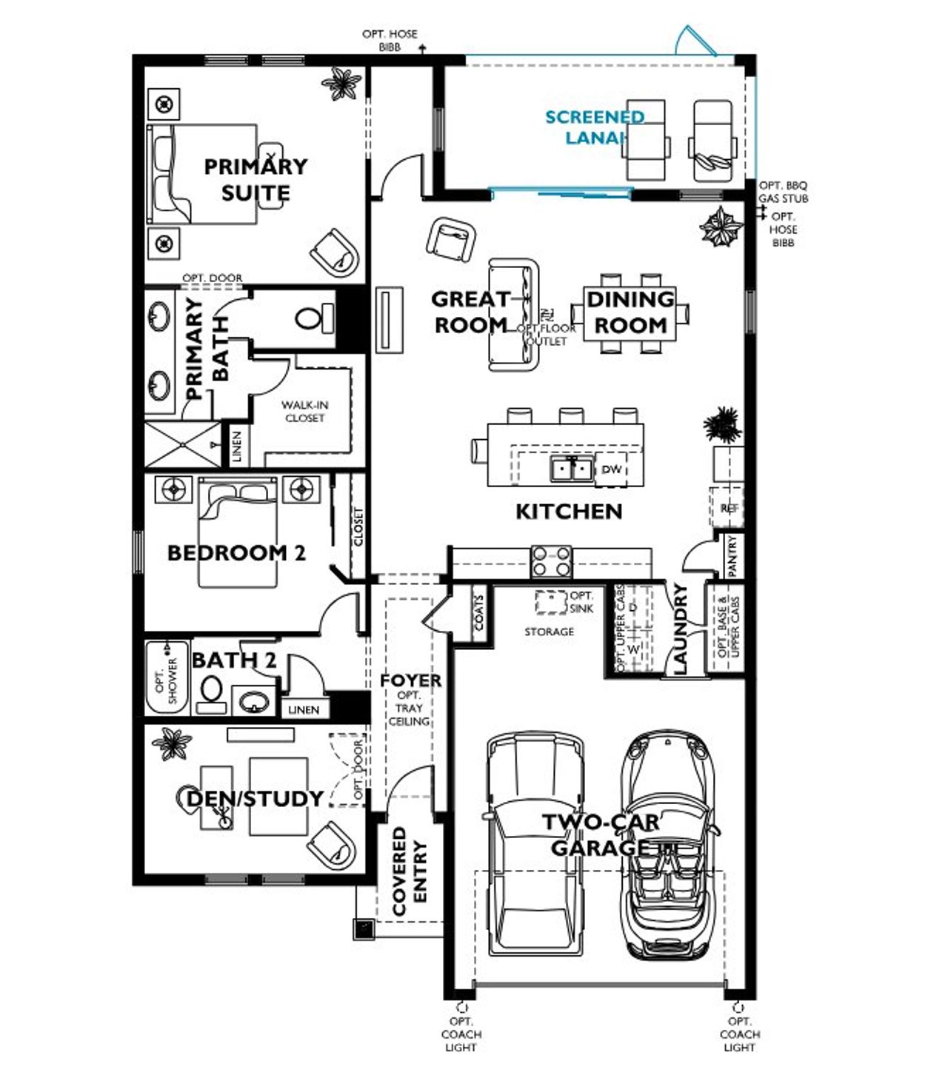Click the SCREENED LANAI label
pos(594,127)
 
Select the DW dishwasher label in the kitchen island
pos(611,469)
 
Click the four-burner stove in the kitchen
pos(552,560)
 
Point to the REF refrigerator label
pos(729,509)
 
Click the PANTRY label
pos(732,556)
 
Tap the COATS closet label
pos(479,613)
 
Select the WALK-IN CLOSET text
pos(304,412)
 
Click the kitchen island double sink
pos(571,469)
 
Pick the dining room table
pos(630,313)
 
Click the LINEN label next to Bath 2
pos(304,709)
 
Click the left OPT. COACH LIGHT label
pos(461,1034)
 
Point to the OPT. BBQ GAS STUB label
pos(783,192)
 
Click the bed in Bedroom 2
pos(238,533)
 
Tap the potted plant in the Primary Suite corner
pos(342,84)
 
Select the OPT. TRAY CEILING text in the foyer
pos(409,709)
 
